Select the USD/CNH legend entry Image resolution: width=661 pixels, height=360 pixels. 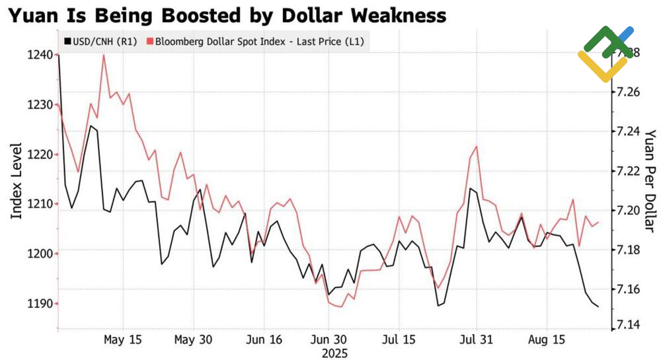(98, 42)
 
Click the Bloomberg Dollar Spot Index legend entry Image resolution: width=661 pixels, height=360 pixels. (258, 42)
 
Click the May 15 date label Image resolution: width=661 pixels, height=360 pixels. (123, 340)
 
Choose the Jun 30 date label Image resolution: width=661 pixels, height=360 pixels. (328, 340)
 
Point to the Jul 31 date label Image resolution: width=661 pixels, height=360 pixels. (476, 340)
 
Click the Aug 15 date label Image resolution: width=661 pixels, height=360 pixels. (548, 340)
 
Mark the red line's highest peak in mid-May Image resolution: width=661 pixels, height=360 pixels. (104, 55)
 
